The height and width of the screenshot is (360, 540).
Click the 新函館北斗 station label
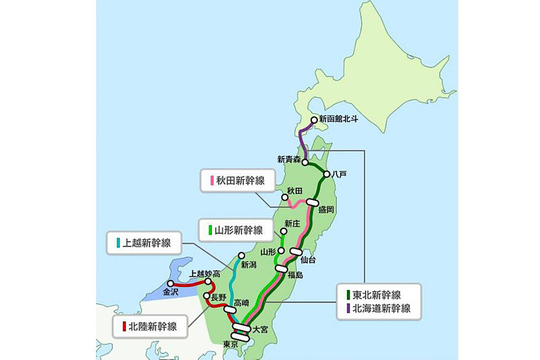click(x=338, y=119)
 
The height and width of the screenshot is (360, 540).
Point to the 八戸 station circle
click(x=327, y=174)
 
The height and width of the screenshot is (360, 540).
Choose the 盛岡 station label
click(x=325, y=210)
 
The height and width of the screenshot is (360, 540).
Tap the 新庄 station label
click(x=292, y=223)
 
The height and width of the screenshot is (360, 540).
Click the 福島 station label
click(x=294, y=275)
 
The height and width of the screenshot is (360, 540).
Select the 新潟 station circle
click(x=241, y=255)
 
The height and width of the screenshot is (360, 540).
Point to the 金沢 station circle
click(x=171, y=283)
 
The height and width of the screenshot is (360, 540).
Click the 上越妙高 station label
click(x=205, y=274)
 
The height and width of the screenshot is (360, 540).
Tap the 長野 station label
click(x=219, y=297)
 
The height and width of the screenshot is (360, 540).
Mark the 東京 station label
click(x=230, y=343)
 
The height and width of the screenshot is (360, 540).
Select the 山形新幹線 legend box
click(x=238, y=229)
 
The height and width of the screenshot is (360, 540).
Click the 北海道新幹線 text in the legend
click(x=383, y=309)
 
